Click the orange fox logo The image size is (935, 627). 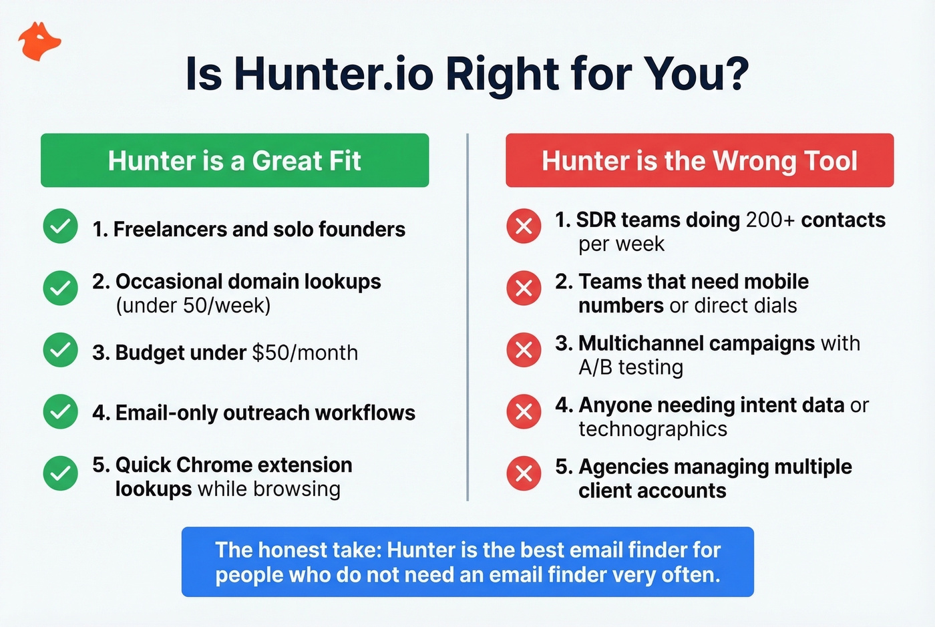39,42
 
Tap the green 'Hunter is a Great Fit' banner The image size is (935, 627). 234,160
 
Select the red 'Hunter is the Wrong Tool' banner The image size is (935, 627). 699,160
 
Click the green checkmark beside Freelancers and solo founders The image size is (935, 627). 61,226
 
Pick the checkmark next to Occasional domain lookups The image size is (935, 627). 61,288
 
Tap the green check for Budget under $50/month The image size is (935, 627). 61,350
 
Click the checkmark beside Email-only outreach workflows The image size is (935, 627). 61,411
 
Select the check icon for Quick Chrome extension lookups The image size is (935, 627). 61,473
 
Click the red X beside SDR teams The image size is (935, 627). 524,226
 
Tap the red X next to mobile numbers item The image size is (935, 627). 524,288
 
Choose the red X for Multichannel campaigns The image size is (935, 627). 524,350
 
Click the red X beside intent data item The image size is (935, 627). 524,411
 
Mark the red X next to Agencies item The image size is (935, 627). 524,473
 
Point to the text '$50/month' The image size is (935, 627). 305,353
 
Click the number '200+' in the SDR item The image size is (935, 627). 770,220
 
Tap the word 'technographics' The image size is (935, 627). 652,429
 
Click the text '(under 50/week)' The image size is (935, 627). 193,306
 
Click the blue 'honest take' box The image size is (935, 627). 467,562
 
